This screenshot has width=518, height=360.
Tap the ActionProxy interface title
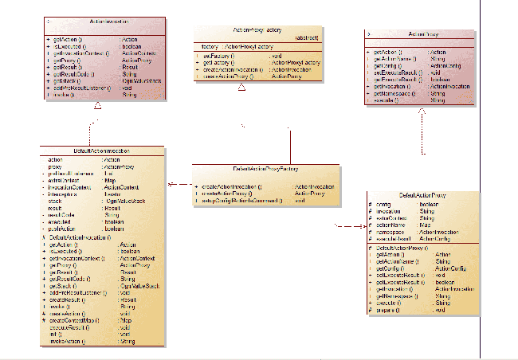tap(423, 34)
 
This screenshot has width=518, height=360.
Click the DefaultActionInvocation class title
tap(102, 151)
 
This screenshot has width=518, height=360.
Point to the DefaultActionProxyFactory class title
tap(265, 169)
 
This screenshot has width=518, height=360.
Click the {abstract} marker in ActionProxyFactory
tap(306, 37)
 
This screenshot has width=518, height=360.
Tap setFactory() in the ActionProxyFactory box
tap(217, 57)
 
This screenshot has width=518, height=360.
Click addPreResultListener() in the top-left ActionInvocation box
tap(77, 88)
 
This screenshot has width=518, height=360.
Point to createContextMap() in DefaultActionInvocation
tap(77, 320)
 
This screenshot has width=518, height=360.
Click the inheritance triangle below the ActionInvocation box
tap(97, 105)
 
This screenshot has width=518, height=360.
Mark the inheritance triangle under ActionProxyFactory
tap(241, 88)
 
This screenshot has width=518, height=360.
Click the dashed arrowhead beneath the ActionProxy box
tap(422, 112)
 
